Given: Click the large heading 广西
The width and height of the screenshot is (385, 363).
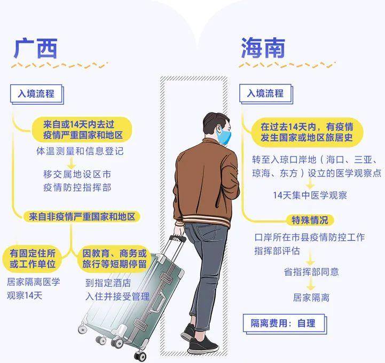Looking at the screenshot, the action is pos(36,49).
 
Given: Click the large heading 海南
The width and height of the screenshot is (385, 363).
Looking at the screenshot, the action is pos(263,48).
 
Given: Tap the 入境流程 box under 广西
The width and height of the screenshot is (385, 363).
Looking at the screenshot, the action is pos(37,94).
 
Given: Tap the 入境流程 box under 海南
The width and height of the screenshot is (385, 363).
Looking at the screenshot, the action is pos(266,94).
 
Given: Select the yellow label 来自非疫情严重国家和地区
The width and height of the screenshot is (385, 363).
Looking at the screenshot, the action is pos(82,217).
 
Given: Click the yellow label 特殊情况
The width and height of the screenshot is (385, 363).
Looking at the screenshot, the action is pos(310,220).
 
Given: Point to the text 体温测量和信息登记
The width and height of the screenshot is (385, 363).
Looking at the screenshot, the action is pos(80,151).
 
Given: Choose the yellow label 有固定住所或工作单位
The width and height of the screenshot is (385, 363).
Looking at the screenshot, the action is pos(33,259).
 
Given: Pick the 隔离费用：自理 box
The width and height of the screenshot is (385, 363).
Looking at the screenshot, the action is pos(285,323).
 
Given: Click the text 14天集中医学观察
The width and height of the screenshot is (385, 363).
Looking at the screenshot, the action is pos(310,195).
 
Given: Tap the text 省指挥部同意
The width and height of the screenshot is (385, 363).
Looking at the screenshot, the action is pos(311,272).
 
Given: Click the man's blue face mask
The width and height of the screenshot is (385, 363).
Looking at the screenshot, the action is pos(224,136).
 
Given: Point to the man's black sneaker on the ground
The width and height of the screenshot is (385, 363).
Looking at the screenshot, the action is pos(203,346).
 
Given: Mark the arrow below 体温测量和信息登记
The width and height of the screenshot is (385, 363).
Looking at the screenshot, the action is pos(72,162).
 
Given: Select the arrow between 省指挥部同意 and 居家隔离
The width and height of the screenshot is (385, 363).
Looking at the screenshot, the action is pos(311,285).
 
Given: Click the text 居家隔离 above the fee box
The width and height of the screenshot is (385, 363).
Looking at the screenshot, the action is pos(311,297).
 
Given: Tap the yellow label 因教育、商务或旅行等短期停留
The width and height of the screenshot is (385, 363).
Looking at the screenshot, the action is pos(114,259).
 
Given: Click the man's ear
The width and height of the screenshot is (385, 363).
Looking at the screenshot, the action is pos(219,128).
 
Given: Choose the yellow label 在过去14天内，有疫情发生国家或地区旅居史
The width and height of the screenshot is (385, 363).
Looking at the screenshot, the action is pos(307,132).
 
